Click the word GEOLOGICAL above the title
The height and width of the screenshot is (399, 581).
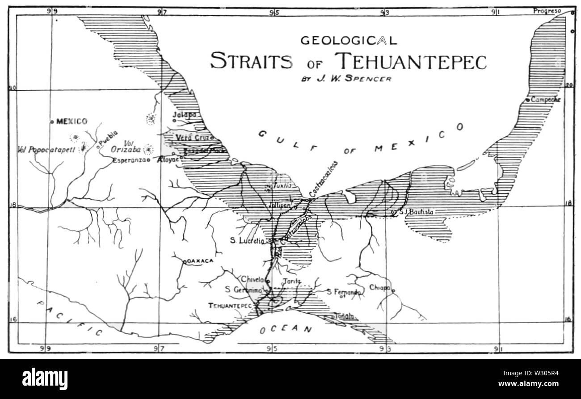[348, 41]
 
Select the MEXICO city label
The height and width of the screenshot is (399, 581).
[72, 121]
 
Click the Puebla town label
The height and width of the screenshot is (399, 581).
[108, 139]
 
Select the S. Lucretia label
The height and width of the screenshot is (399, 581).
[248, 240]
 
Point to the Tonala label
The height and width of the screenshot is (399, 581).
[344, 316]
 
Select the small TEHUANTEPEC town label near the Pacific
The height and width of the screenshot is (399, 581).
[230, 306]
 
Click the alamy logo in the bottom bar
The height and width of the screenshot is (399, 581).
[44, 379]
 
